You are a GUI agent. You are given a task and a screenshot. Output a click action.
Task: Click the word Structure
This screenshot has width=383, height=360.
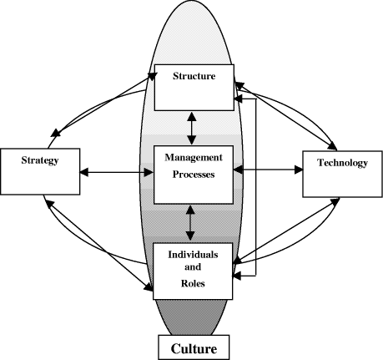click(194, 76)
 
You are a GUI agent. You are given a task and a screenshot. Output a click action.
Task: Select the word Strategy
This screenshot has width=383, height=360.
click(40, 160)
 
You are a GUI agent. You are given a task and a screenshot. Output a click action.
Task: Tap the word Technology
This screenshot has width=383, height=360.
click(343, 163)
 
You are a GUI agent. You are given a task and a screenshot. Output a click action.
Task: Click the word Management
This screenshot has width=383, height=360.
click(194, 158)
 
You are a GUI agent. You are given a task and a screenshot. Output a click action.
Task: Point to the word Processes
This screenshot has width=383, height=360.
click(194, 175)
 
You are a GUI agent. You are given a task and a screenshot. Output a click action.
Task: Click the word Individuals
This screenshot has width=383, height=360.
click(193, 255)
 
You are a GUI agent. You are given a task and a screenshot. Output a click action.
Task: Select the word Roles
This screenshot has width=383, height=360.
click(193, 283)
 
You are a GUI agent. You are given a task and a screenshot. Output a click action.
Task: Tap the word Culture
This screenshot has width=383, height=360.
click(194, 348)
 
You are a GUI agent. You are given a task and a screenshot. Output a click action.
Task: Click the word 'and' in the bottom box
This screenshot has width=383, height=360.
click(193, 267)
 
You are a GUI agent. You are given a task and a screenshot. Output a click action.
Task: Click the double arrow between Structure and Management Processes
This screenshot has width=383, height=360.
click(192, 128)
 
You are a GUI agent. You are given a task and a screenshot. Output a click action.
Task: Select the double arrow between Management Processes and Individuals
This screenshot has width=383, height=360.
click(190, 223)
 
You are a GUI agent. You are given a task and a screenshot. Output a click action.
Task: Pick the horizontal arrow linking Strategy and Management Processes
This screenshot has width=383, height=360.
click(117, 172)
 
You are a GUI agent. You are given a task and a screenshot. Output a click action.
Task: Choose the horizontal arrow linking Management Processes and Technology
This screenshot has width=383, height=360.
click(268, 170)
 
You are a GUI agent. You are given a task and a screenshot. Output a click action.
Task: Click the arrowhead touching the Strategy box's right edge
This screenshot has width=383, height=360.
click(84, 172)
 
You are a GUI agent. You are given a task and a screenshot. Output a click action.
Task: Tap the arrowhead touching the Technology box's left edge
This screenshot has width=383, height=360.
click(299, 170)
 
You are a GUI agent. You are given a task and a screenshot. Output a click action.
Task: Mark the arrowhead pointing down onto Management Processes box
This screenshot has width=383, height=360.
click(192, 140)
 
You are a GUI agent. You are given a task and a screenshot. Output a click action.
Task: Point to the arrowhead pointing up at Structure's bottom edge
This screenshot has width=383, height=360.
click(192, 116)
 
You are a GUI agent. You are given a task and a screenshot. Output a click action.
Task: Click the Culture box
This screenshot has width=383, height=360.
click(194, 347)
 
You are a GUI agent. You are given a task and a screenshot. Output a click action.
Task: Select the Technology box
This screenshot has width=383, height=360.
click(343, 174)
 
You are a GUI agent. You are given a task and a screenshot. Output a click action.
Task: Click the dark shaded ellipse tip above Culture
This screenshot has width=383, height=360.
click(191, 317)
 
